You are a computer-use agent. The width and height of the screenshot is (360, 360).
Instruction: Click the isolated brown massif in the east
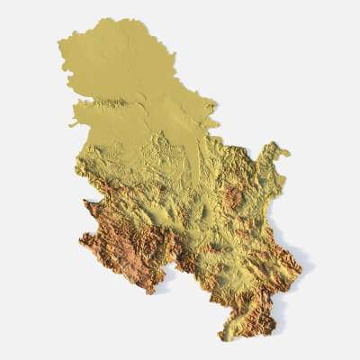[233, 195]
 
